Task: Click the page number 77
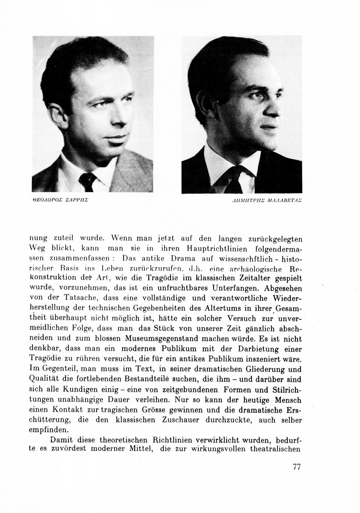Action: pyautogui.click(x=297, y=466)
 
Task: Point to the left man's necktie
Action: pyautogui.click(x=88, y=181)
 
